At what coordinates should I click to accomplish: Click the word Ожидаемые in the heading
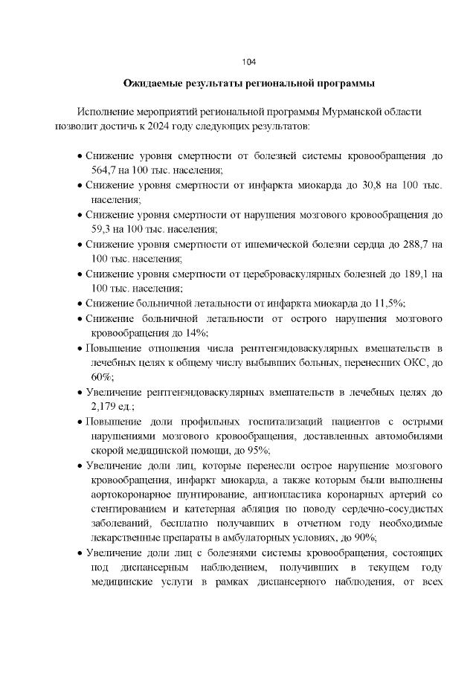(153, 83)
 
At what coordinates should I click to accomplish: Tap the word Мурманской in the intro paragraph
(352, 112)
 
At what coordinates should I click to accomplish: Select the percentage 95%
(257, 450)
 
